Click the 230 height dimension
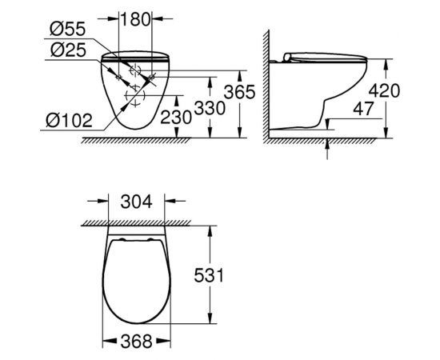pyautogui.click(x=177, y=117)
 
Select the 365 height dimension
pyautogui.click(x=239, y=93)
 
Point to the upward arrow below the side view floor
pyautogui.click(x=329, y=147)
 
